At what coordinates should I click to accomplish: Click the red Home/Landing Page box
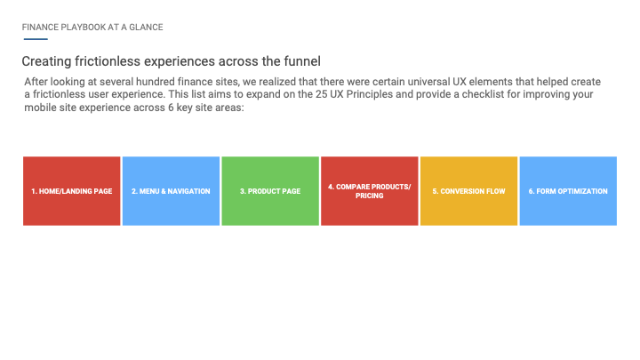click(72, 191)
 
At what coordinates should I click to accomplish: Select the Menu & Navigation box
click(171, 191)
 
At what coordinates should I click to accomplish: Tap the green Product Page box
click(270, 191)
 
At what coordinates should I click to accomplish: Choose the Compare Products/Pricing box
click(370, 191)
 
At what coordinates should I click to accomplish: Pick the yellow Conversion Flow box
click(469, 191)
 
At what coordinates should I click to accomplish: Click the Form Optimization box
click(568, 191)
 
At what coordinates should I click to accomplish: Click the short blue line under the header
click(36, 39)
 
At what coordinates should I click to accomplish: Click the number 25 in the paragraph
click(321, 94)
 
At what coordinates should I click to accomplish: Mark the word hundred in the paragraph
click(155, 82)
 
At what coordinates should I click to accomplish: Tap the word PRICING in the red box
click(370, 196)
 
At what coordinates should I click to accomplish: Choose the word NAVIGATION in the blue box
click(188, 191)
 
